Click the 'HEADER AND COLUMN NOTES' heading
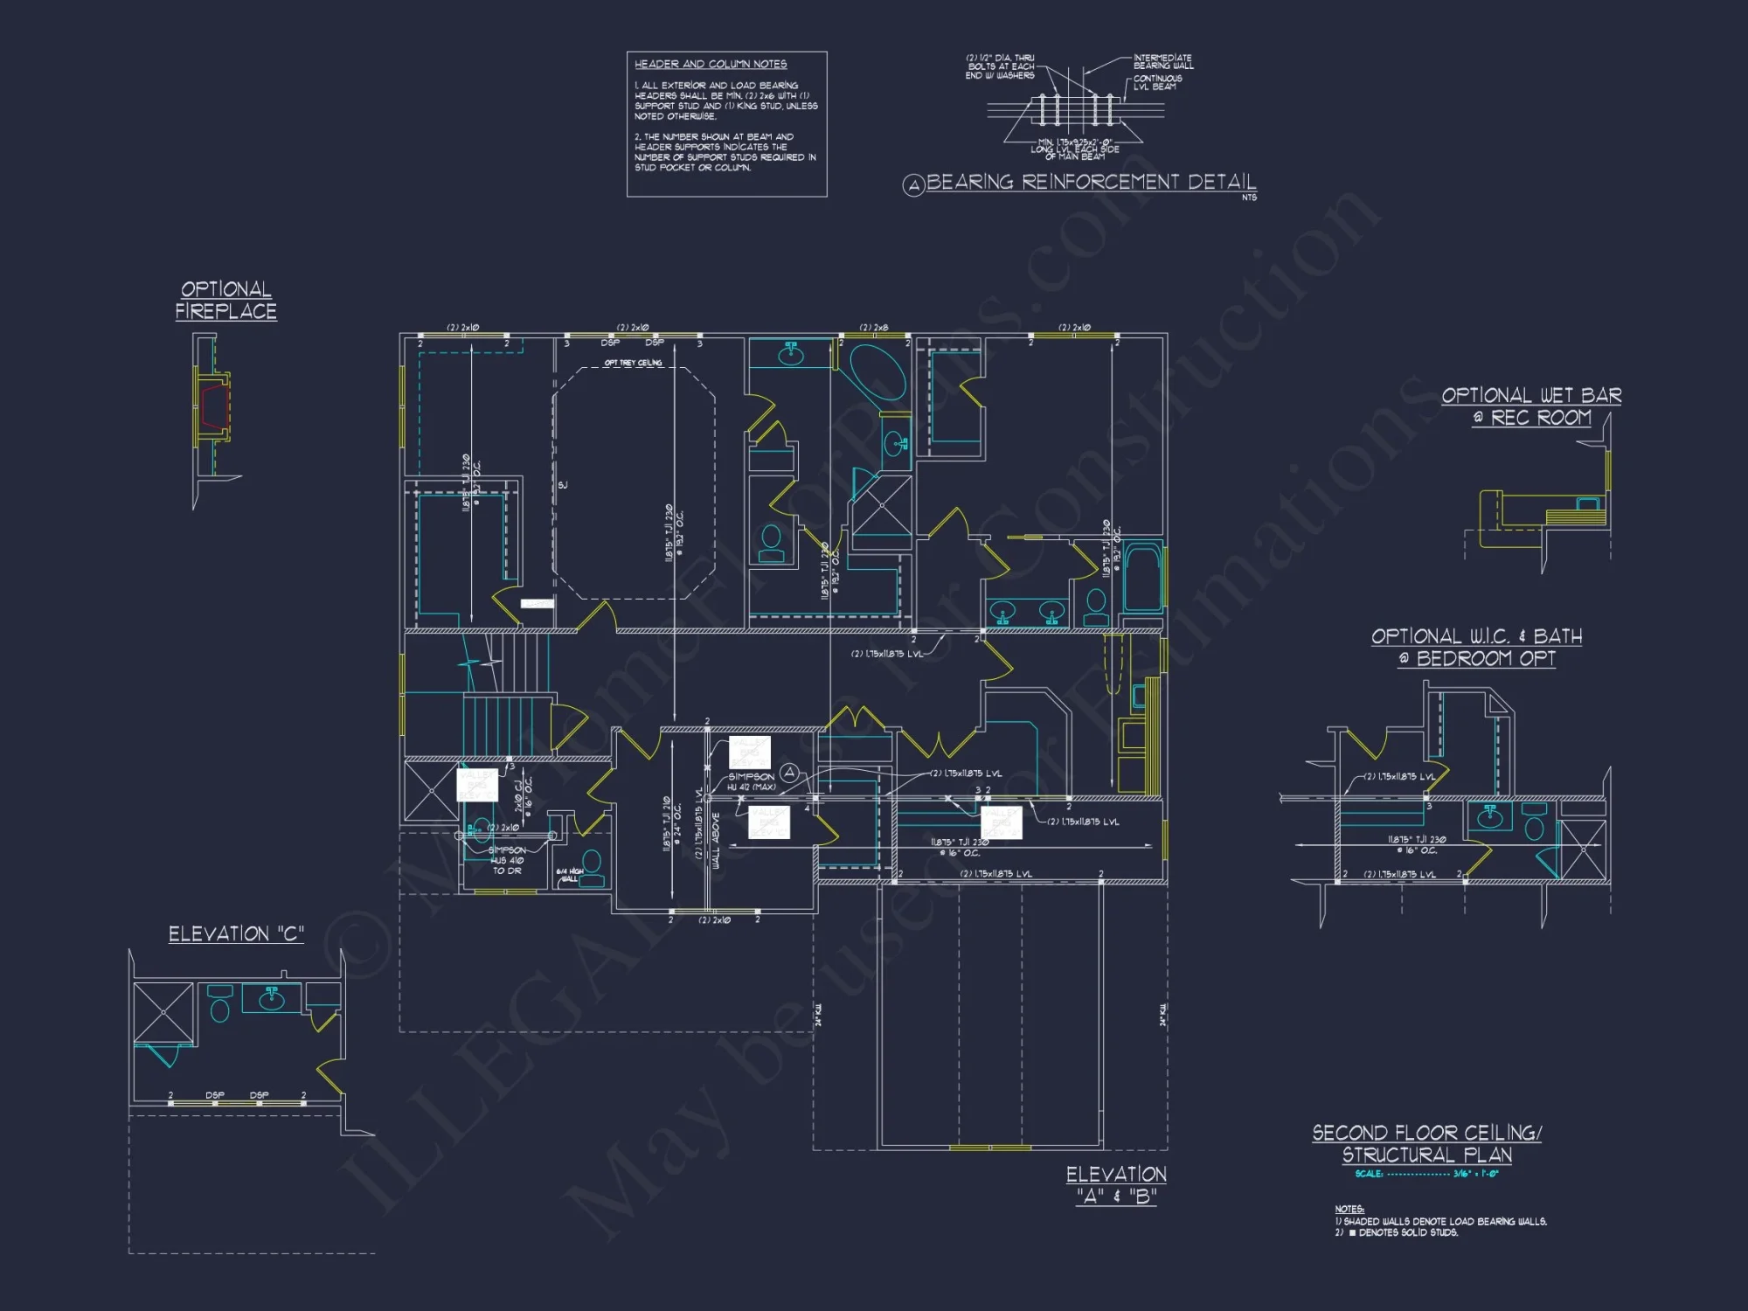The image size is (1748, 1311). click(x=710, y=65)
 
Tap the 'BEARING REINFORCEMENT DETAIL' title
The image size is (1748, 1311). click(x=1090, y=182)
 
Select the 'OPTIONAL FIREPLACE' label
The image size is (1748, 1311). click(x=225, y=300)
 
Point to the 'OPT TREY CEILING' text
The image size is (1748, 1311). click(x=633, y=363)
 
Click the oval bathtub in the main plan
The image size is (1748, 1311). click(x=878, y=372)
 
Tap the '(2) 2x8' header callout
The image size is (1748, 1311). click(x=873, y=328)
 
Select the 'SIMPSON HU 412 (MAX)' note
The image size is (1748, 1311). click(x=752, y=781)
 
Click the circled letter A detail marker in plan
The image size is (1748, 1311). click(x=789, y=772)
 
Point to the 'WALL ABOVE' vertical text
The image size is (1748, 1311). click(x=716, y=840)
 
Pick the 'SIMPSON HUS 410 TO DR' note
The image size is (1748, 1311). click(x=507, y=860)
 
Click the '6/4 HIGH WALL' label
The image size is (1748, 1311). click(x=569, y=875)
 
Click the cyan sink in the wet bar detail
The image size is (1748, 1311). click(x=1587, y=504)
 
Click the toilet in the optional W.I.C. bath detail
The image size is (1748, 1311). click(x=1534, y=826)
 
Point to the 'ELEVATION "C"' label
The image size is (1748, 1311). click(x=236, y=934)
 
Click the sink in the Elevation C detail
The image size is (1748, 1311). click(x=272, y=997)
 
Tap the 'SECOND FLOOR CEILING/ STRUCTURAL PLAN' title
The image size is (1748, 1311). click(x=1426, y=1143)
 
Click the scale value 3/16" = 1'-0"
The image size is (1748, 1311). click(x=1475, y=1174)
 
